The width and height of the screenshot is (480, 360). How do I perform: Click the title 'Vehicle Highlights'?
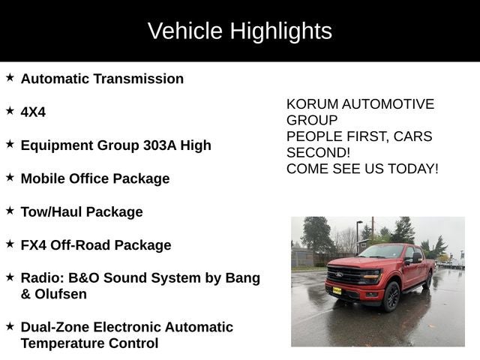pyautogui.click(x=239, y=31)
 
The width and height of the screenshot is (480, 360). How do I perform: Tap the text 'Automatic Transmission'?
pyautogui.click(x=102, y=79)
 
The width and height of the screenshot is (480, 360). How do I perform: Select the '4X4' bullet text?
pyautogui.click(x=33, y=112)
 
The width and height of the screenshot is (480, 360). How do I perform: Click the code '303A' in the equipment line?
pyautogui.click(x=159, y=145)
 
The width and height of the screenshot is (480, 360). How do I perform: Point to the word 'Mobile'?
pyautogui.click(x=43, y=178)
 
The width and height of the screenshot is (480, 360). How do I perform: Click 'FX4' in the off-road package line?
pyautogui.click(x=34, y=245)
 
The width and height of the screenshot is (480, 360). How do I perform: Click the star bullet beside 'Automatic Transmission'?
pyautogui.click(x=10, y=77)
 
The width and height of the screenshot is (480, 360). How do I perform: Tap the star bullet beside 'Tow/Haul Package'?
pyautogui.click(x=10, y=211)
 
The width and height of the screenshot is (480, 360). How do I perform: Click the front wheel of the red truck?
pyautogui.click(x=391, y=296)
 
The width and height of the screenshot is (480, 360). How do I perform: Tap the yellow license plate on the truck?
pyautogui.click(x=337, y=290)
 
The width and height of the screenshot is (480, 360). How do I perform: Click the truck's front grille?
pyautogui.click(x=346, y=274)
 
